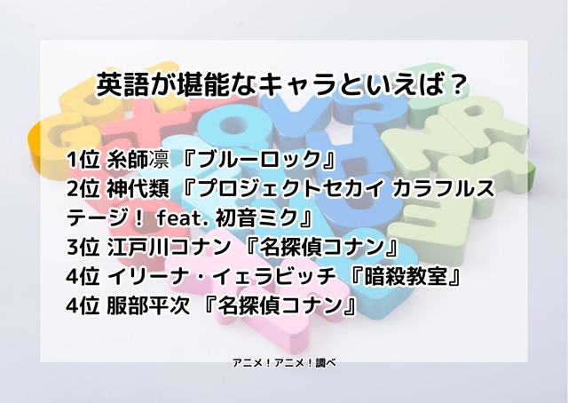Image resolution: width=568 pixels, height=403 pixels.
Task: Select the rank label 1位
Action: (x=83, y=161)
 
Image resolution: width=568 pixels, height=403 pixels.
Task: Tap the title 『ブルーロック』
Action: (x=257, y=161)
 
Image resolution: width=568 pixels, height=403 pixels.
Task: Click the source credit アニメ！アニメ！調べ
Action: (x=284, y=364)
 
